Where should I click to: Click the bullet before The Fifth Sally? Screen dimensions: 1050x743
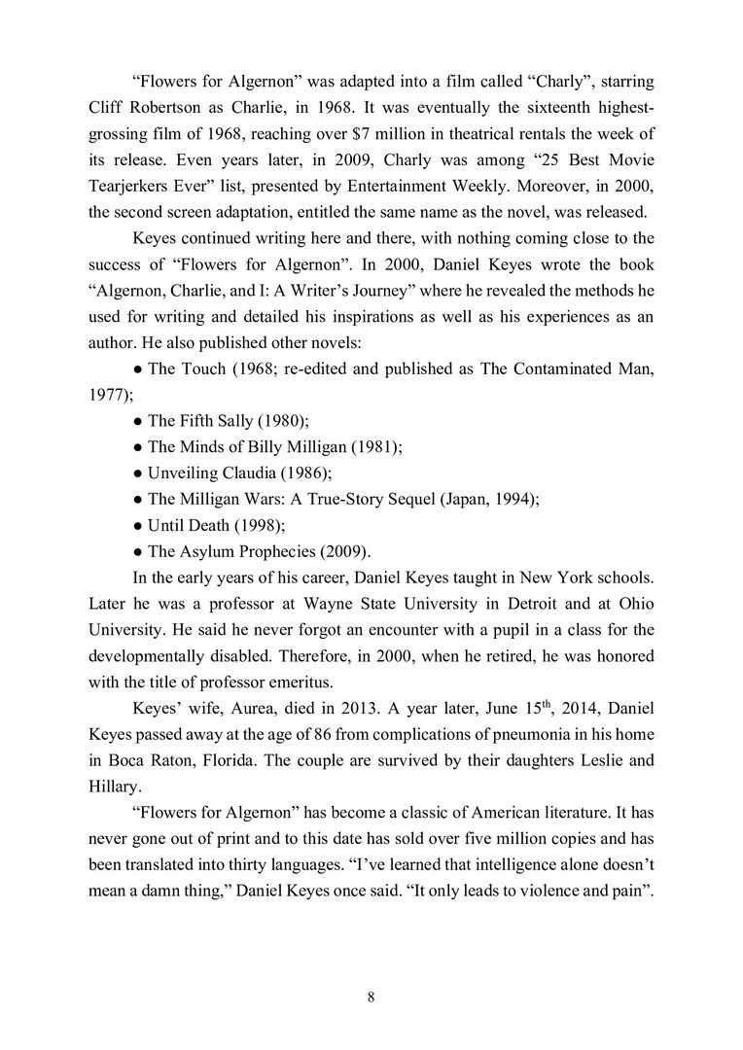137,422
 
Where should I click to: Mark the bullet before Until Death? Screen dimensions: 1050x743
137,524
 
